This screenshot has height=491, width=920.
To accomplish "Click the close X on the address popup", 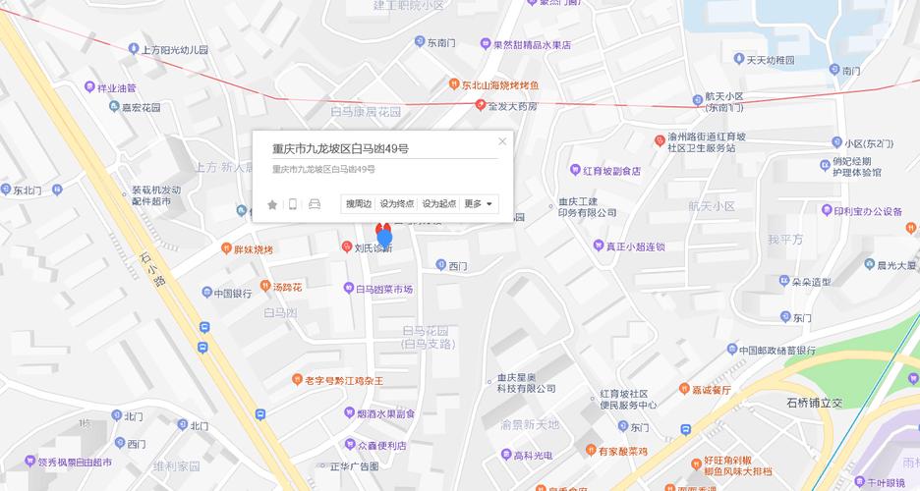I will (502, 141).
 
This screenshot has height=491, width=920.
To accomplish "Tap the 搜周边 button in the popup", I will (359, 204).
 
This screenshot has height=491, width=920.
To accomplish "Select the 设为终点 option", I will (397, 204).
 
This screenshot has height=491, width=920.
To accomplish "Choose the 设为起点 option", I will (438, 204).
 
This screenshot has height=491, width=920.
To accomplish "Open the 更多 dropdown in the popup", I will (478, 204).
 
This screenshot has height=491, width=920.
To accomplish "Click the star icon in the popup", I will (272, 204).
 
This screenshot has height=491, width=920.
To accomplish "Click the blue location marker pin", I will (384, 237).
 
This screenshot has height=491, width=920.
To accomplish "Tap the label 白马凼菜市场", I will (383, 289).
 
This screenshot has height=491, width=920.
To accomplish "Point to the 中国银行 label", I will (233, 293).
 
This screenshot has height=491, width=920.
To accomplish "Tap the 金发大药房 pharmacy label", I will (513, 106).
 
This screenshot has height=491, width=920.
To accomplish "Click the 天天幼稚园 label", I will (770, 60).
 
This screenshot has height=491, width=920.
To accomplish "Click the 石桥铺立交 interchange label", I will (815, 403).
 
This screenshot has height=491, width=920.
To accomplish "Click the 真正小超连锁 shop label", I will (635, 245).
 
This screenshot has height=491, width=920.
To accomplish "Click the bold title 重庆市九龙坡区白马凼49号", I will (340, 148).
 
